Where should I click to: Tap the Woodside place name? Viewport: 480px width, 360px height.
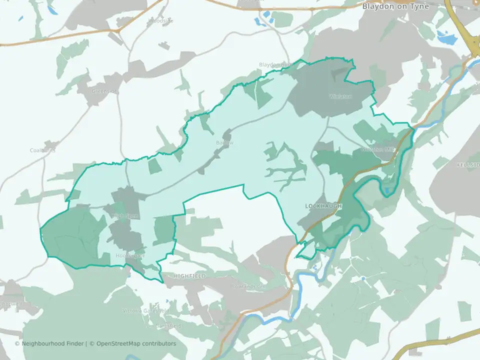pos(161,21)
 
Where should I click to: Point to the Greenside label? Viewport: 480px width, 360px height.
pos(103,91)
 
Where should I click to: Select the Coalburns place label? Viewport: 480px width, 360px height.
pos(42,150)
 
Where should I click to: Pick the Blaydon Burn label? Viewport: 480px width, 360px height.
pos(274,65)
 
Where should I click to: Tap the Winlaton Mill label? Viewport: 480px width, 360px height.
pos(378,149)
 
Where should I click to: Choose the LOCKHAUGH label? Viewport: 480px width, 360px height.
pos(323,206)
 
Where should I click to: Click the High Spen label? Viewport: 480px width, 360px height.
pos(124,216)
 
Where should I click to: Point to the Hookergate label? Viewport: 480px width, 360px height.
pos(130,255)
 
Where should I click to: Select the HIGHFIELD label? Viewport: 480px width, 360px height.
pos(189,276)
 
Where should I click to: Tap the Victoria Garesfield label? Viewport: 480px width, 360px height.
pos(146,311)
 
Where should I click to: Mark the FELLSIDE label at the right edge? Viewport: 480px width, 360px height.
pos(468,164)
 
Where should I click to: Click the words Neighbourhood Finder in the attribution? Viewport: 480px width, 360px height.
pos(53,343)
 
